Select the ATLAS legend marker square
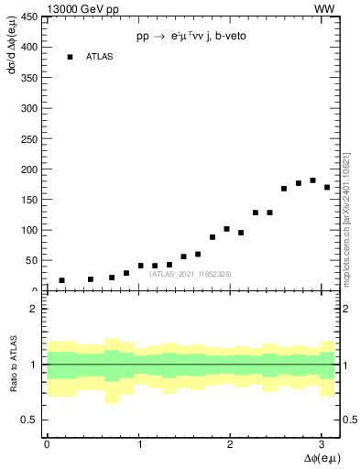pos(70,57)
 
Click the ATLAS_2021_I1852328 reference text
pos(191,274)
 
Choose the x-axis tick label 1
pos(140,444)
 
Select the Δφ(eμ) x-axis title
pos(318,458)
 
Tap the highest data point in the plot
pos(313,180)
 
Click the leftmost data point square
pos(61,280)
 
